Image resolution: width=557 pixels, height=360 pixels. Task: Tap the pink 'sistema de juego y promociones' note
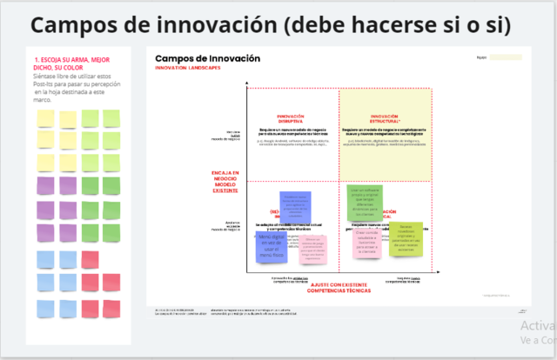coord(312,249)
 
